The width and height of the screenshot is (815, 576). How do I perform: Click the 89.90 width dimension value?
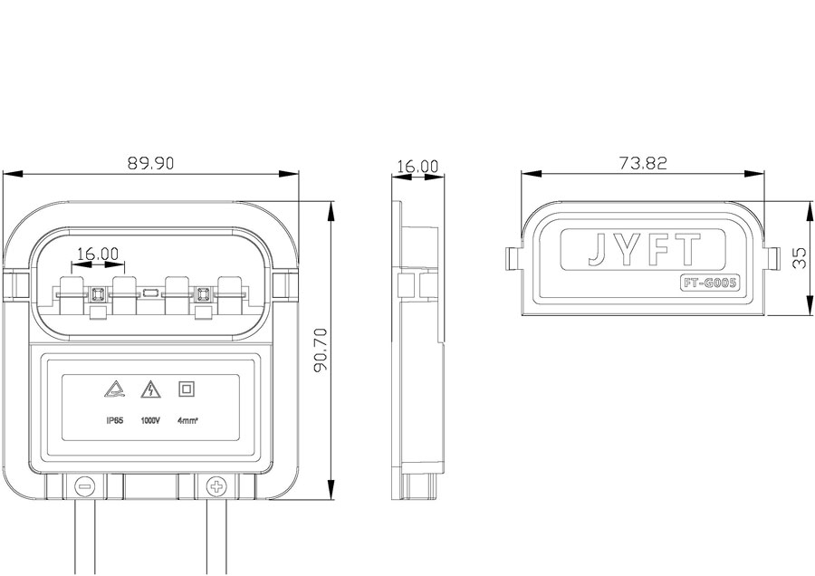[150, 163]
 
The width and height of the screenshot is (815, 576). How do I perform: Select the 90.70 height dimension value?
[321, 350]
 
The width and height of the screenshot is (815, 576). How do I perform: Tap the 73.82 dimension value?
[643, 163]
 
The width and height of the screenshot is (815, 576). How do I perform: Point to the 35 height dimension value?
[800, 258]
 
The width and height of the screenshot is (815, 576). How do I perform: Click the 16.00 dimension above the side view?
[417, 167]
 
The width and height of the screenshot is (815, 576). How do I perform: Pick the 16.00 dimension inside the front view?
[98, 254]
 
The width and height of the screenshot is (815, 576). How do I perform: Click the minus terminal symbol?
[85, 487]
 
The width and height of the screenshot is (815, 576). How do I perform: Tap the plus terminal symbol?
[216, 487]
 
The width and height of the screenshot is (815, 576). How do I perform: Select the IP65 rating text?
[114, 420]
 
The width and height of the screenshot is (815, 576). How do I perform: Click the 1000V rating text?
[150, 420]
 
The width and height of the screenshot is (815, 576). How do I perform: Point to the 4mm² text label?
[187, 420]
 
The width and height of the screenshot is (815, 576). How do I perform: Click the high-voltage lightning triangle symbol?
[150, 389]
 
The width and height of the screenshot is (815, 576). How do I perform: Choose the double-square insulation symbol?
[187, 389]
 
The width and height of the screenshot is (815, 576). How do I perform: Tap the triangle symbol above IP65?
[115, 389]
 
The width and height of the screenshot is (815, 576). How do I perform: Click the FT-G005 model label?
[709, 283]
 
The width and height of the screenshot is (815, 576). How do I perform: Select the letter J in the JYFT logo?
[598, 250]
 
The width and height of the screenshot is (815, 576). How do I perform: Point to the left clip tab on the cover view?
[513, 258]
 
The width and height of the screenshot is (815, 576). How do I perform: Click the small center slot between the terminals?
[150, 293]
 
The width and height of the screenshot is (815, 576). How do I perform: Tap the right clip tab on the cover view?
[772, 258]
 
